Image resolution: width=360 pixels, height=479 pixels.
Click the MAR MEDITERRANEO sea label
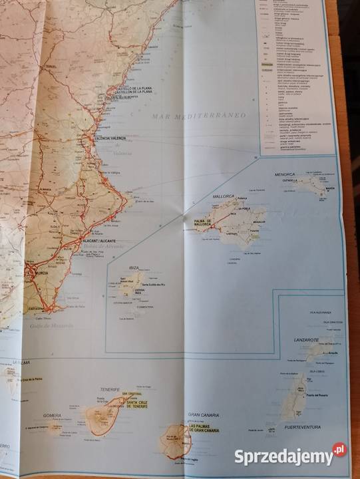point(198,116)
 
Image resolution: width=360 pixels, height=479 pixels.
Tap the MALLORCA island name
point(224,196)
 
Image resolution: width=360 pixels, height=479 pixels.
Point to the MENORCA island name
point(285,174)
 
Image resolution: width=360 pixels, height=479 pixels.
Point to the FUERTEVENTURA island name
point(302,426)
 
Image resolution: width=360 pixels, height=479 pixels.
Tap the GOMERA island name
point(52,416)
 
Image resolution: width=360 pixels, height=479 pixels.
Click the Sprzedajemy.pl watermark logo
point(289,456)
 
